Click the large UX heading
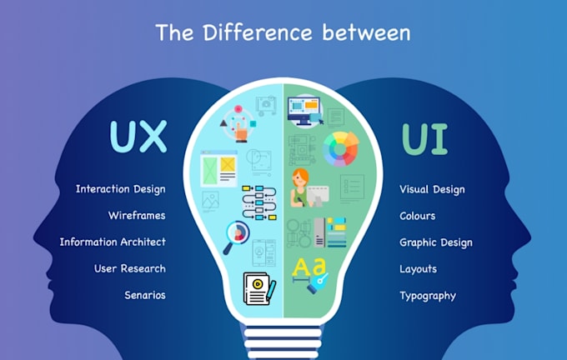click(138, 137)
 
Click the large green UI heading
click(425, 139)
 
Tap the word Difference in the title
click(258, 32)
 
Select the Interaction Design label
click(120, 189)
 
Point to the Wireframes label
click(137, 216)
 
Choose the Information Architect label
click(113, 242)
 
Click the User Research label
click(130, 268)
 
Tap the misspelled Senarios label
click(145, 295)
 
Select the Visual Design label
click(432, 189)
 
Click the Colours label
click(417, 216)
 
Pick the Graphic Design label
click(436, 242)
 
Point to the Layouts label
click(418, 269)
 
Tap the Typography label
click(428, 296)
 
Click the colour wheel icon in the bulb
click(341, 149)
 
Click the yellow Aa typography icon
click(310, 275)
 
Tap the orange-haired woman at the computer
click(309, 188)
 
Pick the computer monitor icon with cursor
click(305, 111)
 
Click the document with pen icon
click(259, 288)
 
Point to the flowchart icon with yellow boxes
click(259, 202)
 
